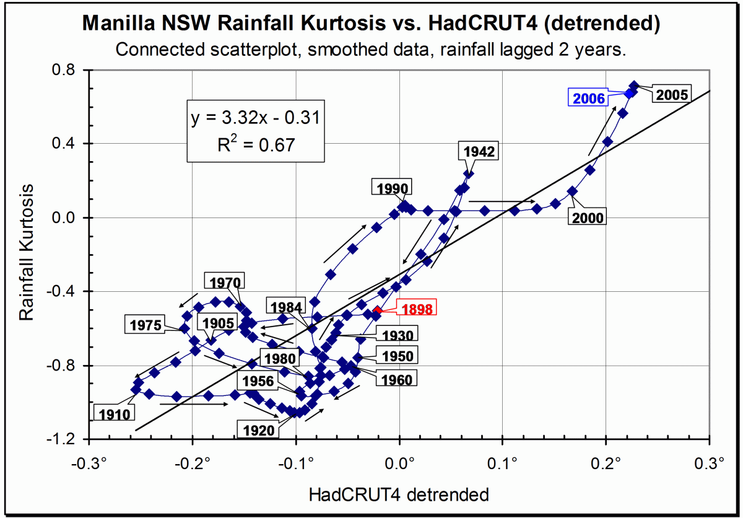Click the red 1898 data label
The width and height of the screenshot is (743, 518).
[x=416, y=309]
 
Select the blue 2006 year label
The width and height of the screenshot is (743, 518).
[x=589, y=98]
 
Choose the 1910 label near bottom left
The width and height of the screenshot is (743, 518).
[x=113, y=413]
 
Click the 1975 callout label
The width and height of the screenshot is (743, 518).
[x=146, y=324]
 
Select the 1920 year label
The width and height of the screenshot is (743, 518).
[x=259, y=429]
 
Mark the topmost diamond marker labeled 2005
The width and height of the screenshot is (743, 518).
[x=633, y=86]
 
